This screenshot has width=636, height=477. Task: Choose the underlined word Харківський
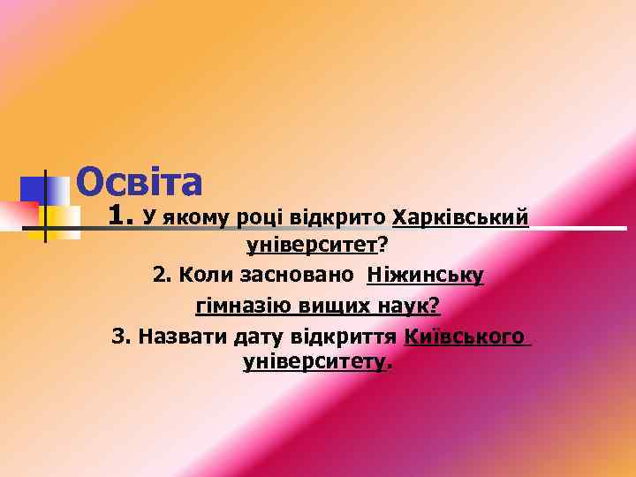[x=460, y=216]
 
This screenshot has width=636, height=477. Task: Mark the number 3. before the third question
[x=122, y=337]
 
